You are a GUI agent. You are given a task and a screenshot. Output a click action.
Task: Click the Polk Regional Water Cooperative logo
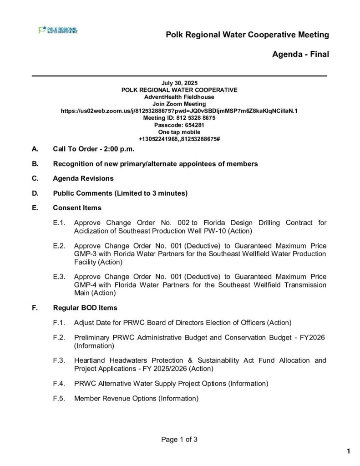coord(58,30)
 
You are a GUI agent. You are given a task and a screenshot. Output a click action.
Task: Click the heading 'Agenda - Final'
coord(300,55)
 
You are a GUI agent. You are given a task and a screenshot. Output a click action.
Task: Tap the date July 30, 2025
coord(179,83)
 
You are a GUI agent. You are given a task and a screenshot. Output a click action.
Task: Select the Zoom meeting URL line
coord(179,111)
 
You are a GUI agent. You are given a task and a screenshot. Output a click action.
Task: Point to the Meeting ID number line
coord(179,117)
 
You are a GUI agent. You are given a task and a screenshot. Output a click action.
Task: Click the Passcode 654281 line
coord(179,125)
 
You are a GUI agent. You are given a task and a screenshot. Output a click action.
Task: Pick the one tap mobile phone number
coord(179,138)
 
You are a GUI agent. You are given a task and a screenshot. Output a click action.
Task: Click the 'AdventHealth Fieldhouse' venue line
coord(179,97)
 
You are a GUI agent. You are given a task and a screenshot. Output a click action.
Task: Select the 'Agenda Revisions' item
coord(83,178)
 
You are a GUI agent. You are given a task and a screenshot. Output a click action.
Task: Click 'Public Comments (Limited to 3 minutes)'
coord(120,193)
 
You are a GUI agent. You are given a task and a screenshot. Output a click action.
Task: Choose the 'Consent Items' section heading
coord(77,208)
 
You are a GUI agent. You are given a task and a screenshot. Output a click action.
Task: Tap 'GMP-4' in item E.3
coord(83,285)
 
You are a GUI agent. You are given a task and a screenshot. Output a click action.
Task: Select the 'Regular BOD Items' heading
coord(85,308)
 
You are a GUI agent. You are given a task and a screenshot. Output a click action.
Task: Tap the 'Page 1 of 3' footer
coord(179,440)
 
